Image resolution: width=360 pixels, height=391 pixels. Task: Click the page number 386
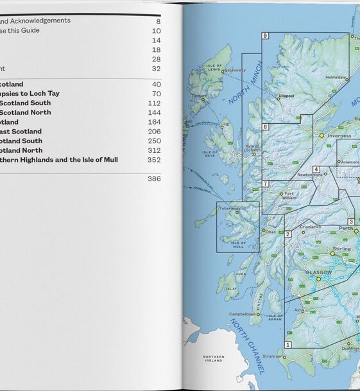[154, 179]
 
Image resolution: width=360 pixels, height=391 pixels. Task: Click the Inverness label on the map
[340, 135]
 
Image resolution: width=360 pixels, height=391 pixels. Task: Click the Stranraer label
[271, 354]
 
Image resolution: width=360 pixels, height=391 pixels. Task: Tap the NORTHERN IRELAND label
[213, 358]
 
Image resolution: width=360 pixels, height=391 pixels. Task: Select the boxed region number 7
[265, 184]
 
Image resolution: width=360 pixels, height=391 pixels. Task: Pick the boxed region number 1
[288, 345]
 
